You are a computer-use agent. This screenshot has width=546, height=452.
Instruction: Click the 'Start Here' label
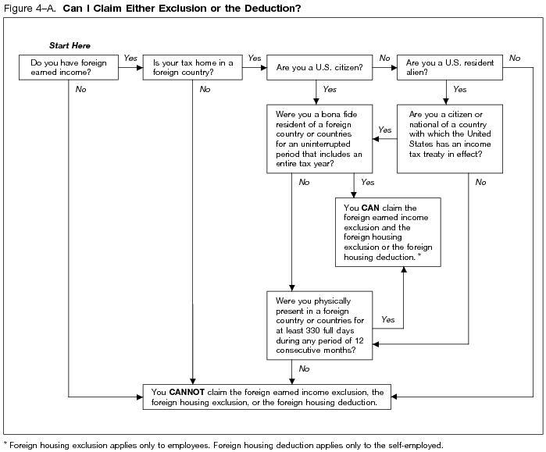(x=70, y=46)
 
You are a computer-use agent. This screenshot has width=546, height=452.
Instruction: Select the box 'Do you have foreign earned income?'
(x=70, y=67)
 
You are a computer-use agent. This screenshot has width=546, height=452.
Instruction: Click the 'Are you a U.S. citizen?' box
(x=319, y=67)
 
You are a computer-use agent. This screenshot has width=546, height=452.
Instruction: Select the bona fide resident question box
(x=319, y=138)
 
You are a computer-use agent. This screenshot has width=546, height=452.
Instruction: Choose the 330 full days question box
(x=319, y=325)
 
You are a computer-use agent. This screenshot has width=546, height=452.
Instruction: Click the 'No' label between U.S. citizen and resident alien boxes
(x=384, y=58)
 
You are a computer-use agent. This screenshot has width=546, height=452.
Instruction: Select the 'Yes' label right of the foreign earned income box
(x=130, y=58)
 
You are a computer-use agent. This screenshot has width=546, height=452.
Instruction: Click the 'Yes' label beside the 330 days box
(x=387, y=320)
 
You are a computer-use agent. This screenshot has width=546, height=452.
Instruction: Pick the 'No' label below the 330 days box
(x=304, y=368)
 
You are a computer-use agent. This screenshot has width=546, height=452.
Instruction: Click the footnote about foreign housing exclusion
(x=223, y=445)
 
